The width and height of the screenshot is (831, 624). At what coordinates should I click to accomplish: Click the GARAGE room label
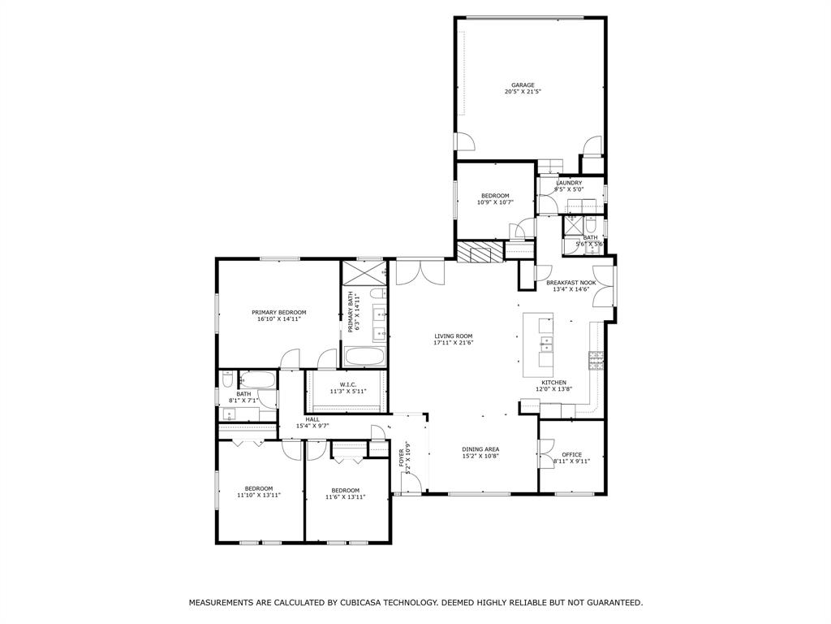[x=523, y=84]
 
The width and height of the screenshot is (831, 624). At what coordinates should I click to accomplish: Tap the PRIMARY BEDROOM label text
[x=278, y=312]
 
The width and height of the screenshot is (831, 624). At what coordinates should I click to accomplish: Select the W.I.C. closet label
[x=348, y=384]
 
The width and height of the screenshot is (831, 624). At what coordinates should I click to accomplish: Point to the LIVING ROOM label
[x=453, y=336]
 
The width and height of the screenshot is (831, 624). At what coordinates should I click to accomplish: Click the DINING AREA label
[x=480, y=448]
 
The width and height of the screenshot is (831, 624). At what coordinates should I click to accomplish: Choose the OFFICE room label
[x=571, y=454]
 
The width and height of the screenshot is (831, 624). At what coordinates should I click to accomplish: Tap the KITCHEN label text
[x=553, y=382]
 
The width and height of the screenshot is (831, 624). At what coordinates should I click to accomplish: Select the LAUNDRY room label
[x=568, y=183]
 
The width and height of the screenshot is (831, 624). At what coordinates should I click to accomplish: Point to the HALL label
[x=312, y=419]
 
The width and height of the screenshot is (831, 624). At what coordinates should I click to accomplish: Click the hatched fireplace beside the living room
[x=480, y=252]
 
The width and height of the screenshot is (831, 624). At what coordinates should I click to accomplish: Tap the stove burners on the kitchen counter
[x=596, y=360]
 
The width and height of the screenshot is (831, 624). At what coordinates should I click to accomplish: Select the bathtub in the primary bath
[x=365, y=356]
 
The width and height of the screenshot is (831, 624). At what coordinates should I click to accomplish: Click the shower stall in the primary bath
[x=365, y=271]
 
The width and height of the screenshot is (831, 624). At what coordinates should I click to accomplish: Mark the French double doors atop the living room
[x=420, y=271]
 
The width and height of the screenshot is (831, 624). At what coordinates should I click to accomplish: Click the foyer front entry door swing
[x=411, y=483]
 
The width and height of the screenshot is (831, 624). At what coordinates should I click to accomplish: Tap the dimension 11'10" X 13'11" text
[x=258, y=495]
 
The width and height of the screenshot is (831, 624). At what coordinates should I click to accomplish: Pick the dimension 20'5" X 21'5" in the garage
[x=523, y=92]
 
